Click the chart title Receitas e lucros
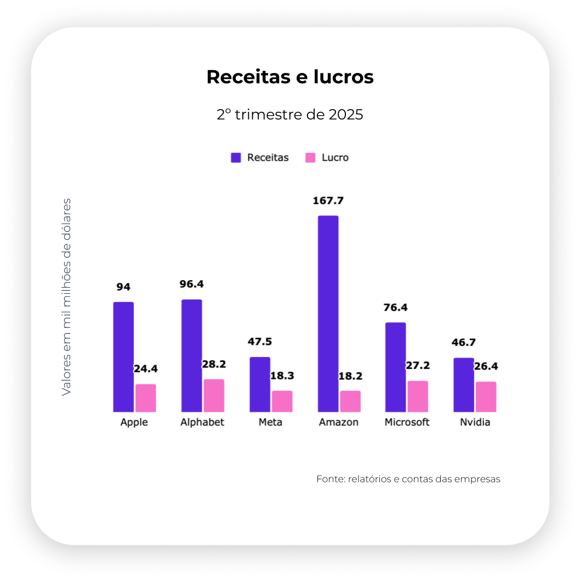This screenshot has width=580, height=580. pyautogui.click(x=290, y=77)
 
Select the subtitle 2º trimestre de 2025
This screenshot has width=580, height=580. pyautogui.click(x=290, y=115)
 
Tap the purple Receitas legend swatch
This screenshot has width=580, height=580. pyautogui.click(x=236, y=158)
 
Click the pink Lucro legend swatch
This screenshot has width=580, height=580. pyautogui.click(x=310, y=158)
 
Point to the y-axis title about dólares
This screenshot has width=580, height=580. pyautogui.click(x=66, y=297)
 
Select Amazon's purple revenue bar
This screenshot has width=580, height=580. pyautogui.click(x=328, y=314)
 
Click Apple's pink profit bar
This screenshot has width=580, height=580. pyautogui.click(x=146, y=398)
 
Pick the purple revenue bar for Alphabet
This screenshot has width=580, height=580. pyautogui.click(x=191, y=356)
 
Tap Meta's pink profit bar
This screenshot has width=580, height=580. pyautogui.click(x=282, y=401)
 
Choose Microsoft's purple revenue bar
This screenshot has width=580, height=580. pyautogui.click(x=395, y=367)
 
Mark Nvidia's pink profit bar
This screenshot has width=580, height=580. pyautogui.click(x=486, y=397)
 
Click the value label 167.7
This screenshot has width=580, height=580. pyautogui.click(x=328, y=201)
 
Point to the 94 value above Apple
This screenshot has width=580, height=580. pyautogui.click(x=123, y=287)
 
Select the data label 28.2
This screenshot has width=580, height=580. pyautogui.click(x=214, y=364)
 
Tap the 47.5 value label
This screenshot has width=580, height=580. pyautogui.click(x=260, y=342)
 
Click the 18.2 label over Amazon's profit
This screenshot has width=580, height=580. pyautogui.click(x=350, y=376)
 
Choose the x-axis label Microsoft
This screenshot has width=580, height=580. pyautogui.click(x=407, y=422)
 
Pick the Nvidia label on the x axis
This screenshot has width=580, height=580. pyautogui.click(x=475, y=422)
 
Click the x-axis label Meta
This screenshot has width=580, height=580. pyautogui.click(x=271, y=422)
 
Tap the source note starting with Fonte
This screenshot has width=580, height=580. pyautogui.click(x=408, y=479)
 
